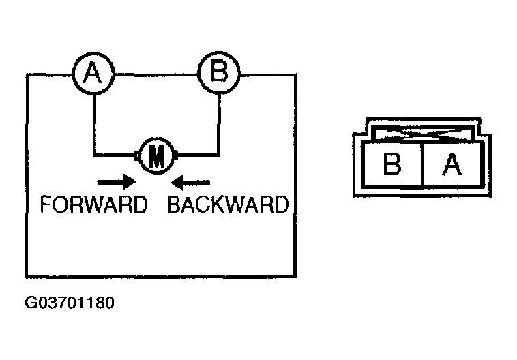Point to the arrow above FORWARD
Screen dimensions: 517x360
point(117,182)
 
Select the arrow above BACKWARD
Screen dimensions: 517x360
point(190,182)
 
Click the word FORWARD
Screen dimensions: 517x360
point(93,205)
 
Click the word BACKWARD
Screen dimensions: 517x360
point(228,205)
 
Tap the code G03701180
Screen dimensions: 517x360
point(70,303)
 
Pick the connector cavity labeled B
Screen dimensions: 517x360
point(392,164)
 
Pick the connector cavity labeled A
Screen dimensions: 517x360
point(452,164)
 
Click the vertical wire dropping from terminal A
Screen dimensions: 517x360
point(94,125)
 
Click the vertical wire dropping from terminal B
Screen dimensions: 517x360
point(219,124)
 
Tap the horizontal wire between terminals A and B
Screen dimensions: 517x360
point(156,75)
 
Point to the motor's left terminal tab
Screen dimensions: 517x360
point(137,155)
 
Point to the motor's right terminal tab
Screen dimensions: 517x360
point(176,155)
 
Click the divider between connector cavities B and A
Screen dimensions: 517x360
point(422,164)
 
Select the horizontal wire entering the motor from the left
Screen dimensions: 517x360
point(115,155)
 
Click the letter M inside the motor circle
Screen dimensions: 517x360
point(157,156)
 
